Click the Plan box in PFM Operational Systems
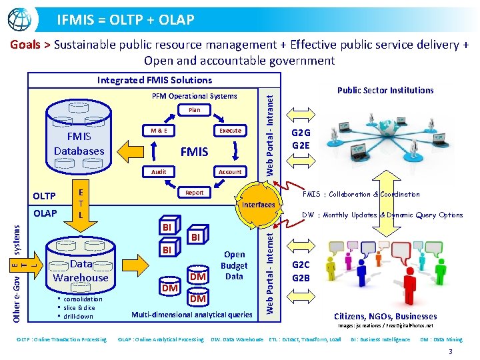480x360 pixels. pyautogui.click(x=194, y=110)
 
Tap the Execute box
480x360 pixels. pyautogui.click(x=230, y=131)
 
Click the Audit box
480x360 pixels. pyautogui.click(x=158, y=171)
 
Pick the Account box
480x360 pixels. pyautogui.click(x=230, y=171)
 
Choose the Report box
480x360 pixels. pyautogui.click(x=194, y=193)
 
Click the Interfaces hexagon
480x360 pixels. pyautogui.click(x=258, y=205)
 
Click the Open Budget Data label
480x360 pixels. pyautogui.click(x=234, y=265)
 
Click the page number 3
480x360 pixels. pyautogui.click(x=451, y=351)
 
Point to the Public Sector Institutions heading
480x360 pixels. pyautogui.click(x=385, y=91)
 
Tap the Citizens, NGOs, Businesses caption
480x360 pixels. pyautogui.click(x=385, y=316)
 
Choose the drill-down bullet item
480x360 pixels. pyautogui.click(x=77, y=316)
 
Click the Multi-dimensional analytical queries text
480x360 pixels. pyautogui.click(x=192, y=314)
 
